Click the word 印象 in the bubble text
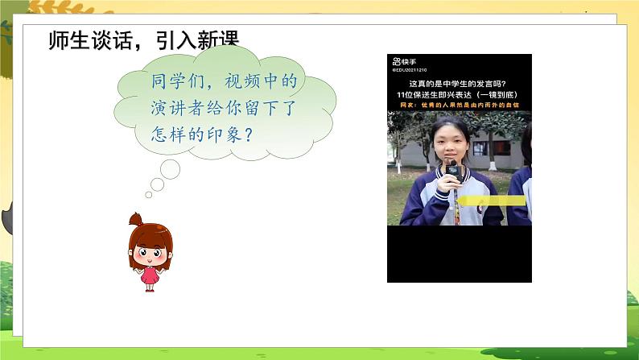tap(220, 133)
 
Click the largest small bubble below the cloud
tap(169, 168)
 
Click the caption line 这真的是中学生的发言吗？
tap(458, 83)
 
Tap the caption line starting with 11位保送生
tap(458, 93)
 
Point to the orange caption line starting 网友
tap(458, 104)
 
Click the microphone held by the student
tap(452, 172)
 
